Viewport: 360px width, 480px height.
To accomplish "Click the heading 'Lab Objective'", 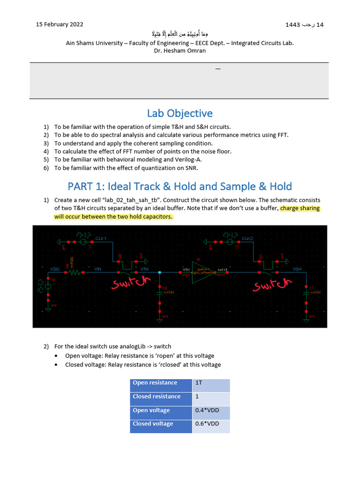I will (180, 113).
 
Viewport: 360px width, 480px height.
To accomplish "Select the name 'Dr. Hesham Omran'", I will (180, 51).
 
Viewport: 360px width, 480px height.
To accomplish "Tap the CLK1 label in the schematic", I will (101, 239).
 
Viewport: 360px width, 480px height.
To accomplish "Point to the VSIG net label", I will (55, 269).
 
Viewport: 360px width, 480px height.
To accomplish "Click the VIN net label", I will (98, 269).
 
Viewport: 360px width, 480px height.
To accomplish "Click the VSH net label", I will (297, 269).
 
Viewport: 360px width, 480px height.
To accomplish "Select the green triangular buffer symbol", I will (201, 271).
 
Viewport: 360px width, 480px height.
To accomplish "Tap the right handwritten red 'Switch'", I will (273, 284).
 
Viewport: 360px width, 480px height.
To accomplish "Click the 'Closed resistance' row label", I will (157, 399).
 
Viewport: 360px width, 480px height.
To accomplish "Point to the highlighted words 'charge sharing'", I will (300, 209).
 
